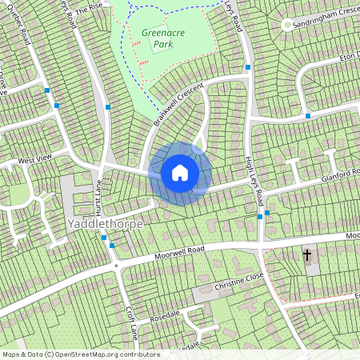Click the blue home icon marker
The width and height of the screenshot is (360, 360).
coord(180,173)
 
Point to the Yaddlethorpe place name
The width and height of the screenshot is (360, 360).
coord(106,224)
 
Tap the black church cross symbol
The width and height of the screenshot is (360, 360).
coord(307,255)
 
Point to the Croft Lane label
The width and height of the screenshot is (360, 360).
coord(132,321)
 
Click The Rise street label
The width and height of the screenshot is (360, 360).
coord(90,7)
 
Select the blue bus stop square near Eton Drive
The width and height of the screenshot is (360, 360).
coord(307,116)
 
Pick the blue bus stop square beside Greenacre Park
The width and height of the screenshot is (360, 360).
coord(107,106)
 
